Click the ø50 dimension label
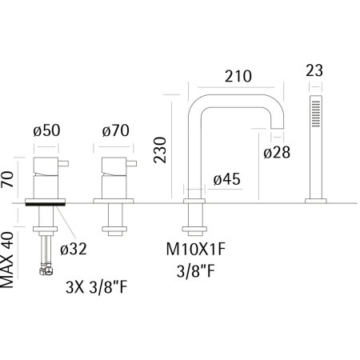pos(46,130)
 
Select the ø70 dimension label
pos(116,130)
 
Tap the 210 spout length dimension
pos(238,76)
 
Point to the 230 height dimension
pos(160,150)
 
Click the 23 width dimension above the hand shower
pos(314,70)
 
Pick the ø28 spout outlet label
pos(277,153)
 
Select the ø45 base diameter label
pos(227,179)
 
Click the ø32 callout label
pos(74,250)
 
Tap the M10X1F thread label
pos(196,250)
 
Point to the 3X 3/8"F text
pos(97,287)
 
